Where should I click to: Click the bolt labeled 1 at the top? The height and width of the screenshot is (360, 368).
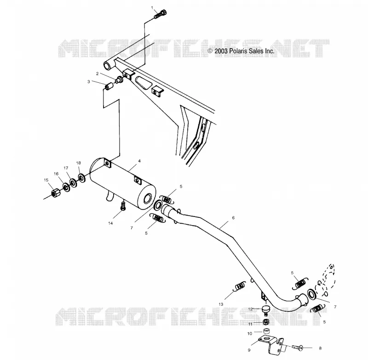pyautogui.click(x=161, y=14)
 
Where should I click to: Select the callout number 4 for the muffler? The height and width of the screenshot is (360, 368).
pyautogui.click(x=139, y=161)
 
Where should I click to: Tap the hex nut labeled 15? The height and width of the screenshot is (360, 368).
pyautogui.click(x=56, y=193)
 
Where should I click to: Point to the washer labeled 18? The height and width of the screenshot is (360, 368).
pyautogui.click(x=82, y=178)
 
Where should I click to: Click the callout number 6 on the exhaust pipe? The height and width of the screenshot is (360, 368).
pyautogui.click(x=233, y=217)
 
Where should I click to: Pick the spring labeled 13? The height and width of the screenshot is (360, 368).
pyautogui.click(x=239, y=286)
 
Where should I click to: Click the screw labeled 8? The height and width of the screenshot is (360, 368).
pyautogui.click(x=297, y=347)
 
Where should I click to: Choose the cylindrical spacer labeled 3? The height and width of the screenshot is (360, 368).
pyautogui.click(x=109, y=86)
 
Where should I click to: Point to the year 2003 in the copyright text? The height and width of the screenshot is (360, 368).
pyautogui.click(x=221, y=51)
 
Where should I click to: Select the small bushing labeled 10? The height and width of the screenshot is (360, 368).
pyautogui.click(x=266, y=331)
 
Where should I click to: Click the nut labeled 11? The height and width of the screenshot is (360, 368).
pyautogui.click(x=265, y=322)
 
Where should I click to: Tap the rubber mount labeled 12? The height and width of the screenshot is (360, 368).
pyautogui.click(x=265, y=309)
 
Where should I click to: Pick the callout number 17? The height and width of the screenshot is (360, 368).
pyautogui.click(x=66, y=168)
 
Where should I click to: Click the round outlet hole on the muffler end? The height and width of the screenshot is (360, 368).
pyautogui.click(x=148, y=199)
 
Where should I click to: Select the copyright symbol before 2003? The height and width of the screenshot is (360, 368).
pyautogui.click(x=210, y=51)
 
